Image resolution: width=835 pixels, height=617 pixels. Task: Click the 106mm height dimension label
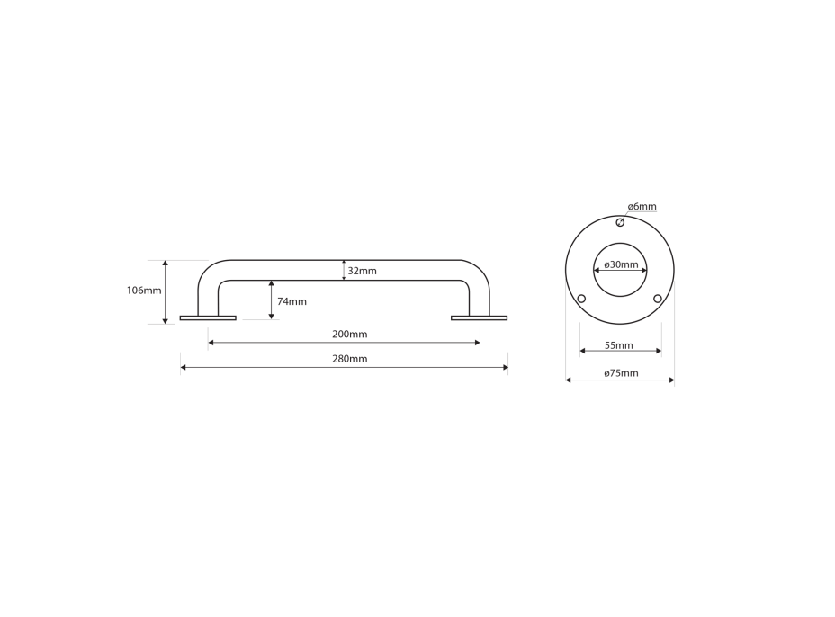(144, 291)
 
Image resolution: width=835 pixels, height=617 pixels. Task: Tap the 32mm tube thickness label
(362, 271)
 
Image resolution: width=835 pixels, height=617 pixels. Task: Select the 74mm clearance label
(292, 302)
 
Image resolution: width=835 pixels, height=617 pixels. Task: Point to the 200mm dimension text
(350, 335)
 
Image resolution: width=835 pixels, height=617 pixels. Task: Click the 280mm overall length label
(350, 359)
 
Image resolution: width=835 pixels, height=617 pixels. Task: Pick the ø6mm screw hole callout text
(642, 207)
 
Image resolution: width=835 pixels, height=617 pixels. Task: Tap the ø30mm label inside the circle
(621, 264)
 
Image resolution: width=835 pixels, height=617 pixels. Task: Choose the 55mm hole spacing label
(619, 345)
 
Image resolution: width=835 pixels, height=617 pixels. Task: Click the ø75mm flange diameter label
(621, 373)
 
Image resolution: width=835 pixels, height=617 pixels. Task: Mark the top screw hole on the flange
(620, 222)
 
